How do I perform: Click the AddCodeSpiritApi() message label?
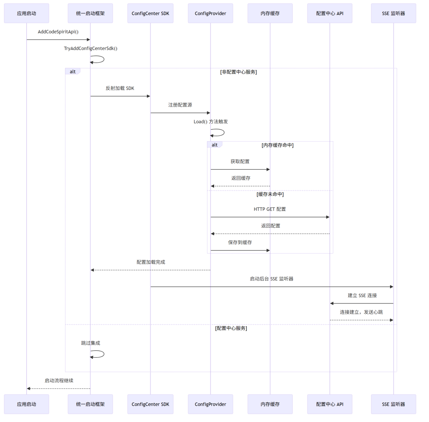[x=58, y=32]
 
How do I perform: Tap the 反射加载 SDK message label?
[x=120, y=88]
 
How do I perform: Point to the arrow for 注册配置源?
[x=180, y=113]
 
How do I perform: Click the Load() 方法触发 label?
[x=211, y=121]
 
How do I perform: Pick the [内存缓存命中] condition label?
[x=278, y=145]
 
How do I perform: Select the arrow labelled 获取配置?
[x=240, y=170]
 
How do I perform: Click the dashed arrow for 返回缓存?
[x=240, y=186]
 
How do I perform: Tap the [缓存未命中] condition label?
[x=270, y=194]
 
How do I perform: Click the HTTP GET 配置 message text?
[x=270, y=209]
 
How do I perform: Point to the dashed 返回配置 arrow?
[x=270, y=234]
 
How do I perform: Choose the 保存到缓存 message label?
[x=240, y=242]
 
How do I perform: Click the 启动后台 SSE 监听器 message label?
[x=272, y=279]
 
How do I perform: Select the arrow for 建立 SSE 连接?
[x=361, y=303]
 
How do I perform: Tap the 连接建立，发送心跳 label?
[x=361, y=312]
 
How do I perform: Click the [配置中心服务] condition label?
[x=231, y=328]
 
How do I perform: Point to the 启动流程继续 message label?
[x=59, y=380]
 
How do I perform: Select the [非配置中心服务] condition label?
[x=238, y=72]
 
